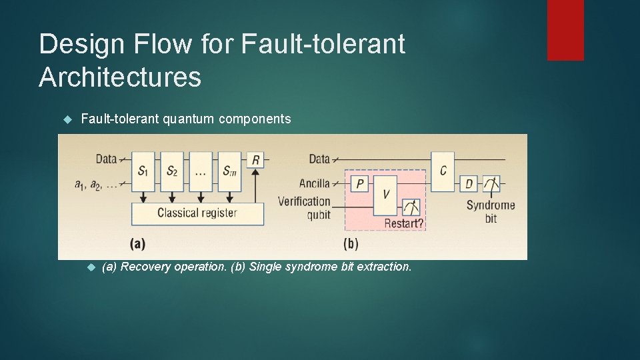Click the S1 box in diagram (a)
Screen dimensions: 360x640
[x=143, y=171]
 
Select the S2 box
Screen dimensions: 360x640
[x=172, y=171]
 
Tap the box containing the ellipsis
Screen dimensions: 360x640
[x=201, y=171]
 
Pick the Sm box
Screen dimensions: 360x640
[x=229, y=171]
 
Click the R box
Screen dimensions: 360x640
[x=256, y=159]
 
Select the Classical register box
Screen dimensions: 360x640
[x=197, y=213]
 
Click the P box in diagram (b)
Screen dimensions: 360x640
[x=360, y=183]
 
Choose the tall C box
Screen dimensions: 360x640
[x=443, y=171]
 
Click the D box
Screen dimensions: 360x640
[x=469, y=183]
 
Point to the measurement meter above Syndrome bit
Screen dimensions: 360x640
[x=491, y=184]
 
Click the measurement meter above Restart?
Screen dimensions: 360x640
[x=411, y=207]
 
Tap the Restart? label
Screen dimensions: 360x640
[x=403, y=223]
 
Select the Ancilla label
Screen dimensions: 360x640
[x=315, y=183]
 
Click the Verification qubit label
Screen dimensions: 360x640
[x=304, y=207]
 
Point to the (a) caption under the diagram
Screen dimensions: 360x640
[x=138, y=243]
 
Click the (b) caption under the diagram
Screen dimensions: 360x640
[x=350, y=243]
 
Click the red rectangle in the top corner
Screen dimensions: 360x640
[x=565, y=30]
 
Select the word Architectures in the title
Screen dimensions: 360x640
[x=120, y=77]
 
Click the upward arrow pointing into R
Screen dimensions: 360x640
[x=256, y=183]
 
